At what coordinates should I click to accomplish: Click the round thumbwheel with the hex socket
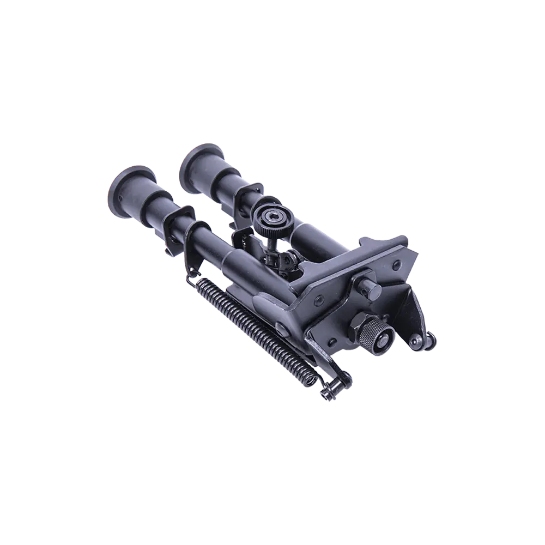[271, 221]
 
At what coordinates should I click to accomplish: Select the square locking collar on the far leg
[251, 192]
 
